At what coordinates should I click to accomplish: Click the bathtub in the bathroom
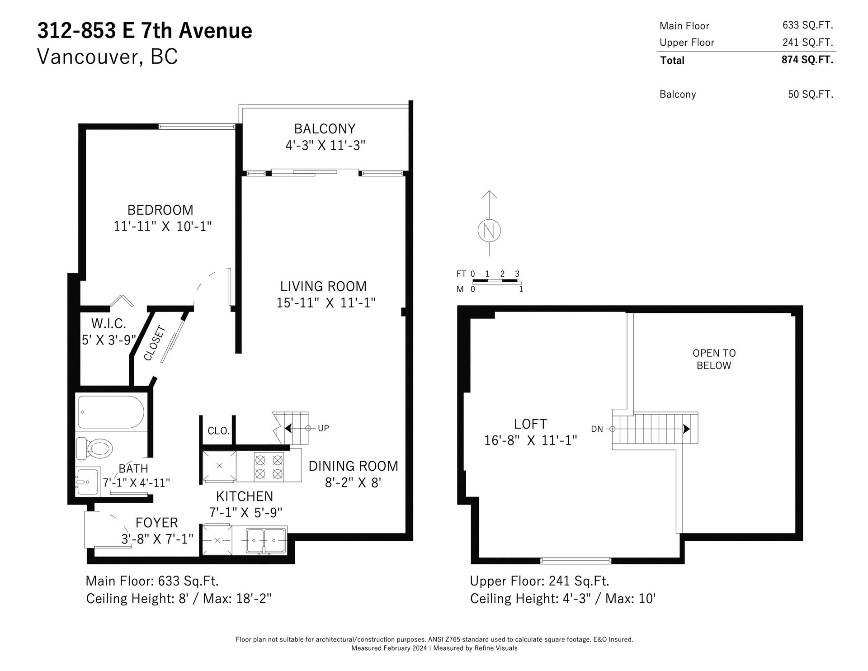point(111,412)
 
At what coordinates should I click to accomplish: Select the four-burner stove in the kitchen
point(269,467)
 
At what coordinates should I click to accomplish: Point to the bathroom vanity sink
point(87,482)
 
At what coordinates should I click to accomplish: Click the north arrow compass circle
point(489,230)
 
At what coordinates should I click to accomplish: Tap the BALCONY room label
point(325,129)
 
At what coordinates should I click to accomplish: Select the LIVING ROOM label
point(323,286)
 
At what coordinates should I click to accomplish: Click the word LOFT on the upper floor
point(530,424)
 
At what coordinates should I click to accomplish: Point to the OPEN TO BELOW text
point(714,359)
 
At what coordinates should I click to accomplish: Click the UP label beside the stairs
point(323,428)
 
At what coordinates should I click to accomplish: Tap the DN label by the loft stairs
point(597,429)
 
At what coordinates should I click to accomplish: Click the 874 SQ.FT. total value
point(807,60)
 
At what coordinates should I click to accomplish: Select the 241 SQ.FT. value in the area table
point(808,42)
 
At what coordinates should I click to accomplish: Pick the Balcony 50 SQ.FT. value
point(811,94)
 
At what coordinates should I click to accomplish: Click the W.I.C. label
point(108,323)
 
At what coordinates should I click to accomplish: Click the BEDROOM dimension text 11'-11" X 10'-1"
point(163,226)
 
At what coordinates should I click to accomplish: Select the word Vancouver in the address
point(87,57)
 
